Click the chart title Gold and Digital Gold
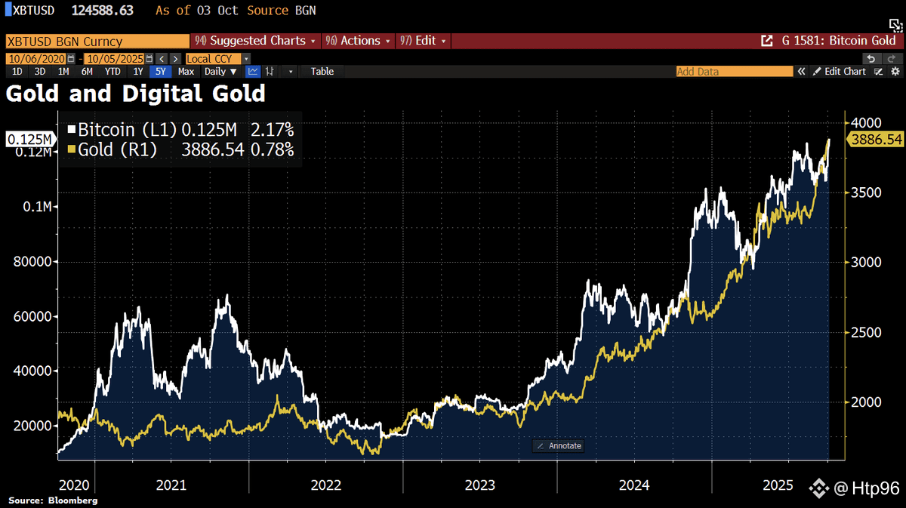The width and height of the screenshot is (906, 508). [x=136, y=94]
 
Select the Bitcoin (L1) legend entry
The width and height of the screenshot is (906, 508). [x=118, y=130]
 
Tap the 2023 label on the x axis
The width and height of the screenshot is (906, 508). [x=479, y=485]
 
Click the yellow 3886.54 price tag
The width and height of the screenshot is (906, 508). [x=876, y=140]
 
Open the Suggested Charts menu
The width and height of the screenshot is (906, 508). [x=257, y=41]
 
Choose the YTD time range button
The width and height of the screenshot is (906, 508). [x=112, y=72]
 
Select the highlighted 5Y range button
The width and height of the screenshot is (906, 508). [x=160, y=72]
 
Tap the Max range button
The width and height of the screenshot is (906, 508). [x=186, y=72]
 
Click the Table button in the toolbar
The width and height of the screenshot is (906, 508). [x=322, y=72]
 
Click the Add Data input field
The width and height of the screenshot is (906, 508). [x=732, y=72]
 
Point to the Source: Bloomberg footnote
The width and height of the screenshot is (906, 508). [x=53, y=500]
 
